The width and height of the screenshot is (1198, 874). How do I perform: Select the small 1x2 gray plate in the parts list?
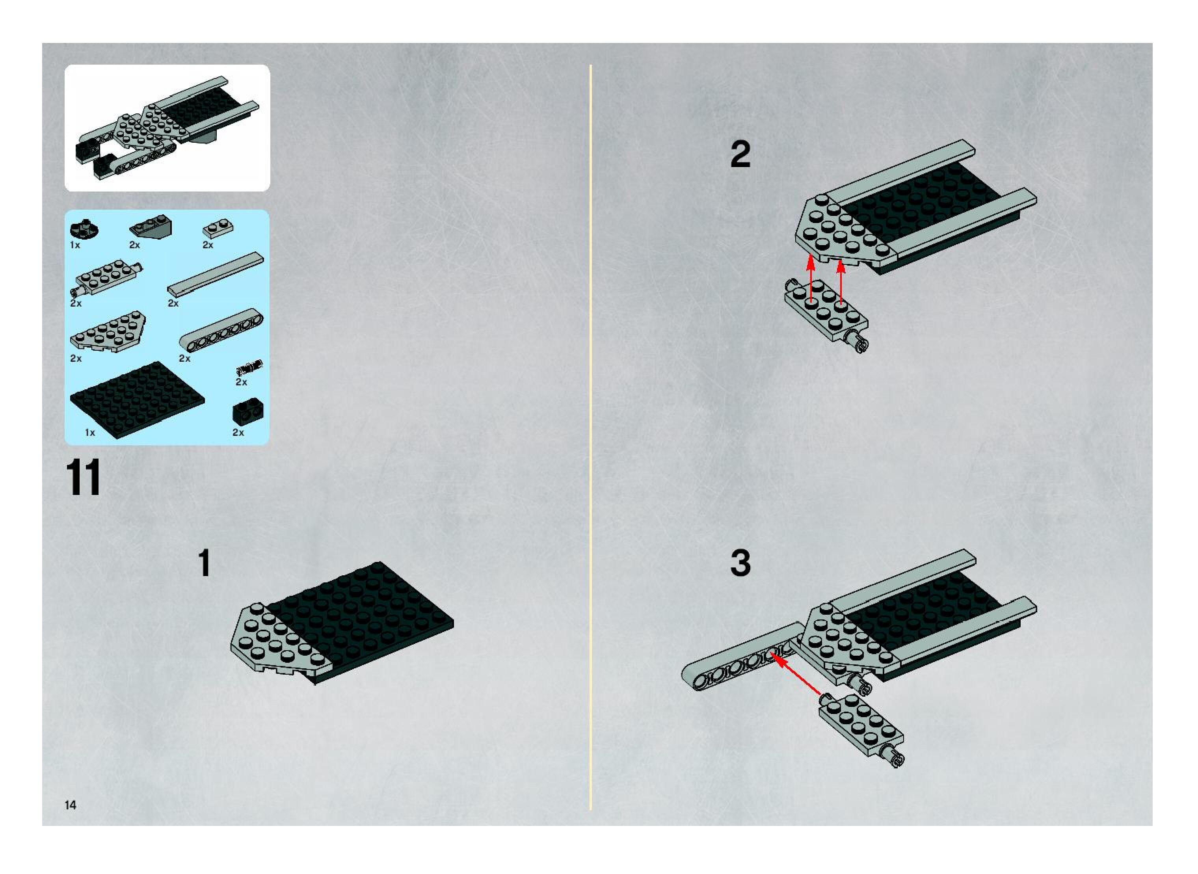[x=218, y=229]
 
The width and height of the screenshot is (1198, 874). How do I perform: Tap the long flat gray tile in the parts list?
[x=216, y=274]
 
